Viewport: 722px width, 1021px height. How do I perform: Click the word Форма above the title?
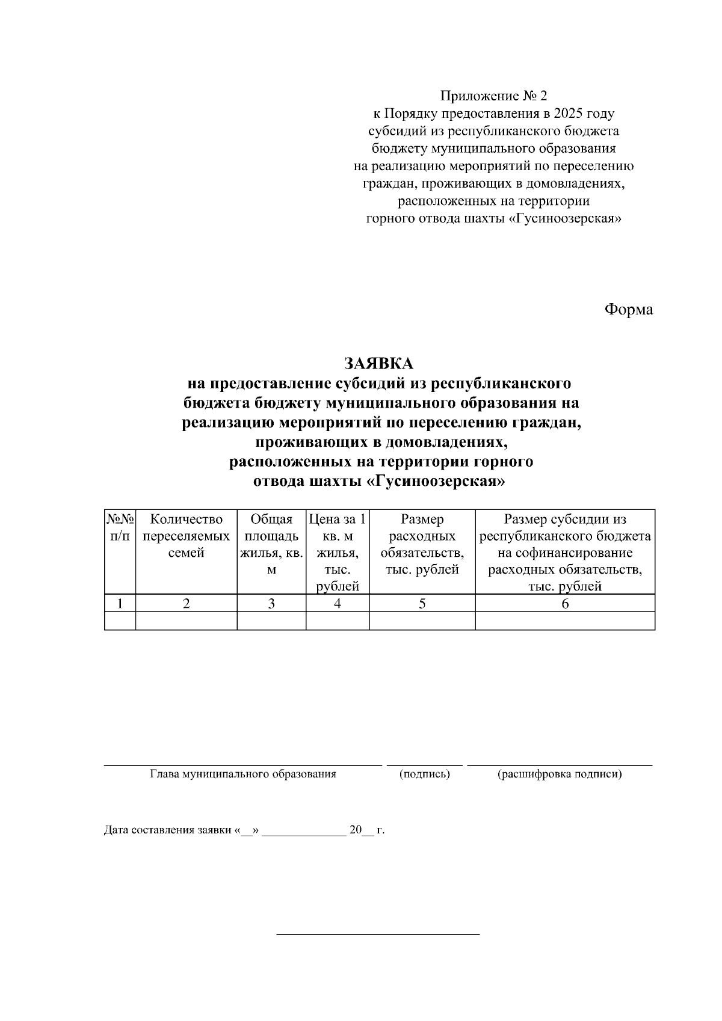pyautogui.click(x=628, y=310)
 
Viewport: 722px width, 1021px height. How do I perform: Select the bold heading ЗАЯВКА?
pyautogui.click(x=378, y=363)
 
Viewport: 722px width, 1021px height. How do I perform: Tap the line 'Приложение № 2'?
pyautogui.click(x=494, y=96)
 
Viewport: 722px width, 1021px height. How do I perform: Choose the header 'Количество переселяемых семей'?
pyautogui.click(x=186, y=536)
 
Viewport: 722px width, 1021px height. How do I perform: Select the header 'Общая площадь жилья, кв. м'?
pyautogui.click(x=271, y=544)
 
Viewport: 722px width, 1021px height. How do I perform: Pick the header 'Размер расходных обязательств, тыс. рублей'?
pyautogui.click(x=422, y=544)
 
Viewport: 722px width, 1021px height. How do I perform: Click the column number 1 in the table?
pyautogui.click(x=120, y=604)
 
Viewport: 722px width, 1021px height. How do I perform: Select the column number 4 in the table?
pyautogui.click(x=338, y=604)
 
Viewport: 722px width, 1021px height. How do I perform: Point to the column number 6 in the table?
pyautogui.click(x=565, y=604)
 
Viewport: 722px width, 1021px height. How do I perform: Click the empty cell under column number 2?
pyautogui.click(x=186, y=621)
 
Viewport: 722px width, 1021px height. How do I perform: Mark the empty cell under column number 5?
pyautogui.click(x=422, y=621)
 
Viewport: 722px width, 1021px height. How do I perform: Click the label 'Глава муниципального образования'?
pyautogui.click(x=243, y=774)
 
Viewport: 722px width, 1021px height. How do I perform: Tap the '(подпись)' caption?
pyautogui.click(x=425, y=774)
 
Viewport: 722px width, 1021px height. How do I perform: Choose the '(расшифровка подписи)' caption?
pyautogui.click(x=560, y=774)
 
